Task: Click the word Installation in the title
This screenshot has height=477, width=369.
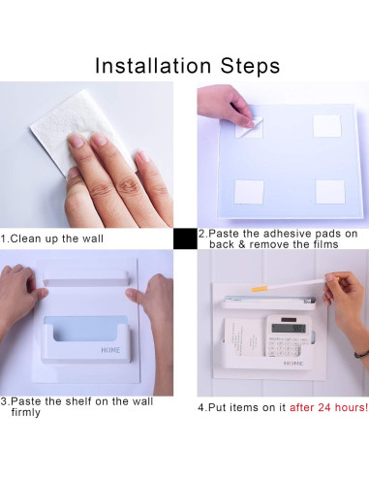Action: pyautogui.click(x=153, y=66)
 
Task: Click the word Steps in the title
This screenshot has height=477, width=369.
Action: pyautogui.click(x=250, y=66)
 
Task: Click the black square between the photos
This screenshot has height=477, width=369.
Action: pyautogui.click(x=185, y=238)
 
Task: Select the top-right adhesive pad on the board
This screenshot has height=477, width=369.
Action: pyautogui.click(x=327, y=126)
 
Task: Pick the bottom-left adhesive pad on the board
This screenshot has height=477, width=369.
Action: pyautogui.click(x=249, y=192)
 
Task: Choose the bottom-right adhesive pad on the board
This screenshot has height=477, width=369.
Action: pyautogui.click(x=330, y=192)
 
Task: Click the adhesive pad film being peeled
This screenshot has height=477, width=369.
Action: pyautogui.click(x=249, y=128)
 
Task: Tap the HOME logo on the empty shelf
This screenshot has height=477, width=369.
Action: pyautogui.click(x=110, y=350)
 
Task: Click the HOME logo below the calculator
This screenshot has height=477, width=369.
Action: pyautogui.click(x=293, y=364)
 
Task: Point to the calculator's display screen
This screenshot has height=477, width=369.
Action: pyautogui.click(x=289, y=329)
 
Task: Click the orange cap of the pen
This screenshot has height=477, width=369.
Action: pyautogui.click(x=258, y=288)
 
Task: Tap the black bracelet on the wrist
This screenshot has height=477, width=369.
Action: pyautogui.click(x=361, y=354)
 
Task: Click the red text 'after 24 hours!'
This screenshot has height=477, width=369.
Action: pyautogui.click(x=328, y=407)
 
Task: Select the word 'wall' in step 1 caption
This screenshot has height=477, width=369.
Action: pyautogui.click(x=93, y=238)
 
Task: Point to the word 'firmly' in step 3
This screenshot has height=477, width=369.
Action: pyautogui.click(x=26, y=412)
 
